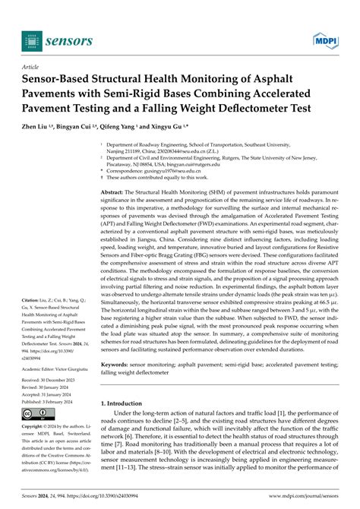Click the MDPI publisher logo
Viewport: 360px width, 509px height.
(x=324, y=39)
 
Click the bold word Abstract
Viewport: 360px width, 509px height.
(x=112, y=194)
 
